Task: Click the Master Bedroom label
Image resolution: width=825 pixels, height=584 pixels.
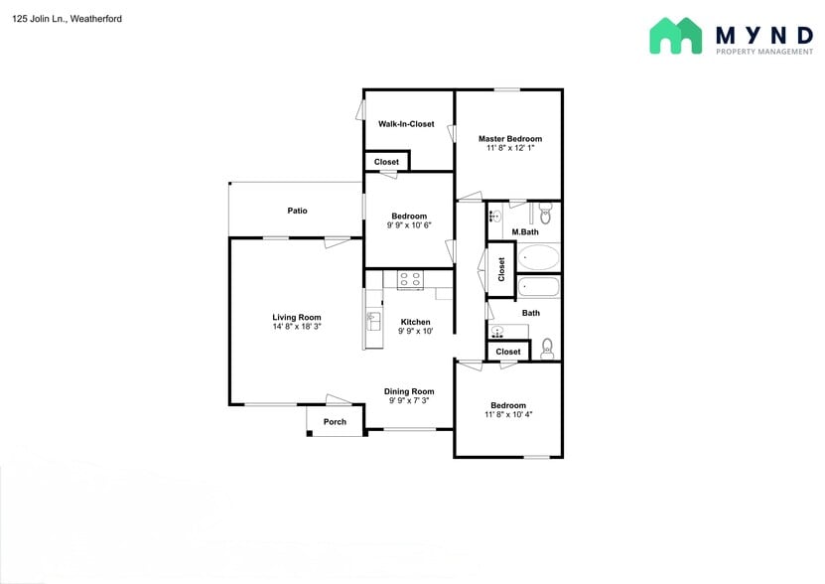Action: [510, 139]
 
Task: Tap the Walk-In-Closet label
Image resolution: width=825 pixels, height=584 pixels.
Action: [406, 124]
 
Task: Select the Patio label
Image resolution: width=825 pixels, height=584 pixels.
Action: [297, 211]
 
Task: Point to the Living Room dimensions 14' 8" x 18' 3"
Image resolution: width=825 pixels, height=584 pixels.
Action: [297, 327]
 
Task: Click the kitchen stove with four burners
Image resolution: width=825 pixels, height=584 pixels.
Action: [410, 280]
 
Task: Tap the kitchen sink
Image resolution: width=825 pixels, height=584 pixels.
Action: [374, 320]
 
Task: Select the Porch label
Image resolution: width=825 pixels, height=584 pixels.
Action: [336, 422]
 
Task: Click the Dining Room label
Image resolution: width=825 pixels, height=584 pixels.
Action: [409, 392]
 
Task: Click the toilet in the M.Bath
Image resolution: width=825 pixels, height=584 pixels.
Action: [544, 214]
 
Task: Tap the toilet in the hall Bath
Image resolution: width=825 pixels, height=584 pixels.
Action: [547, 348]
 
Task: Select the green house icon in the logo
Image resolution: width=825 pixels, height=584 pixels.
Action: [675, 36]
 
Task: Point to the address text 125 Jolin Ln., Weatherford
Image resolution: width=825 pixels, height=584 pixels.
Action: [68, 19]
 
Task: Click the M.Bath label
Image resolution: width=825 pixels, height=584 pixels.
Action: [525, 232]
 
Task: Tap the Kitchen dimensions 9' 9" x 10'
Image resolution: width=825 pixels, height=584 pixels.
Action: [415, 332]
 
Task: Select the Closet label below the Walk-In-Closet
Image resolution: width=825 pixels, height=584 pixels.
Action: [386, 162]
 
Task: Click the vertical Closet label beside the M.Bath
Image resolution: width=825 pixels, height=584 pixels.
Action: [501, 268]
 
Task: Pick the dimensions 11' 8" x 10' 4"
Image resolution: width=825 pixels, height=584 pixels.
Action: [507, 414]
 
